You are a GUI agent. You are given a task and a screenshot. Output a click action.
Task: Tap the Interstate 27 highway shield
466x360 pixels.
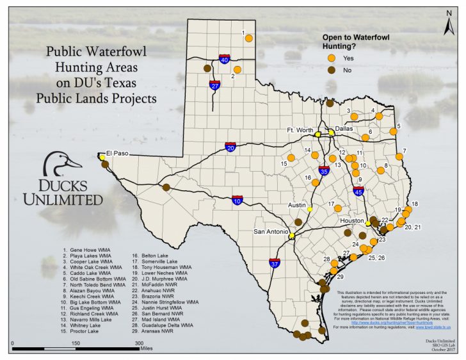pyautogui.click(x=215, y=85)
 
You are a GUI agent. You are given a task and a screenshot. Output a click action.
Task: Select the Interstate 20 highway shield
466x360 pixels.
pyautogui.click(x=230, y=147)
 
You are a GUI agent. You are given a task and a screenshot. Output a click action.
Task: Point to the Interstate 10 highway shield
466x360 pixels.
pyautogui.click(x=237, y=200)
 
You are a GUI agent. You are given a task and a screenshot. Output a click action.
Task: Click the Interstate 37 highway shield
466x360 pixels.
pyautogui.click(x=275, y=263)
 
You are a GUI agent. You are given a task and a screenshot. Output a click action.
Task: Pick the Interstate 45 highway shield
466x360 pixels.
pyautogui.click(x=358, y=190)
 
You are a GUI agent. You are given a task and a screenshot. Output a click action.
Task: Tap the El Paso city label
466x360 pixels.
pyautogui.click(x=118, y=153)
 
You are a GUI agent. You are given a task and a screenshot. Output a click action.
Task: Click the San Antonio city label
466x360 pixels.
pyautogui.click(x=271, y=231)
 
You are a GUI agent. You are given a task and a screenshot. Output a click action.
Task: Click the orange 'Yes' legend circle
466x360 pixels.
pyautogui.click(x=332, y=58)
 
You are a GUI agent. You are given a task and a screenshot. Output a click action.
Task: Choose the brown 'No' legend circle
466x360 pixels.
pyautogui.click(x=332, y=70)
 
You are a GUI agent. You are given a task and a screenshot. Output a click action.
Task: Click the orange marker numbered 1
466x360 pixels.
pyautogui.click(x=249, y=38)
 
